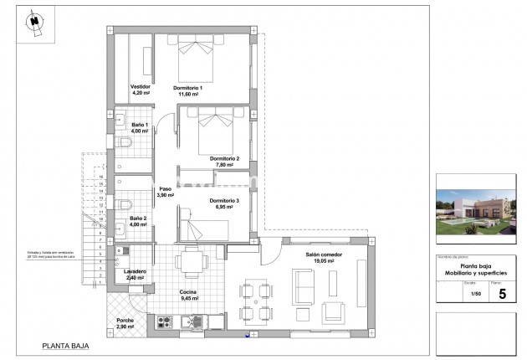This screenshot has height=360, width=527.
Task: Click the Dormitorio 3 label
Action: click(x=225, y=201)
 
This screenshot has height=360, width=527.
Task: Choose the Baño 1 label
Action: click(x=139, y=125)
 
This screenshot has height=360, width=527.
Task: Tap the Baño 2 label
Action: click(x=139, y=219)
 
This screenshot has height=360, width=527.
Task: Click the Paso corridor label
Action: click(x=166, y=189)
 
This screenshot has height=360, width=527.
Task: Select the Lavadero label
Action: click(x=136, y=271)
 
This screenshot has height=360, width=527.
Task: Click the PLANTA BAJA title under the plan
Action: click(x=66, y=345)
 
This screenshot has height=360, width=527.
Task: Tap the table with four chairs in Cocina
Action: click(x=192, y=264)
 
